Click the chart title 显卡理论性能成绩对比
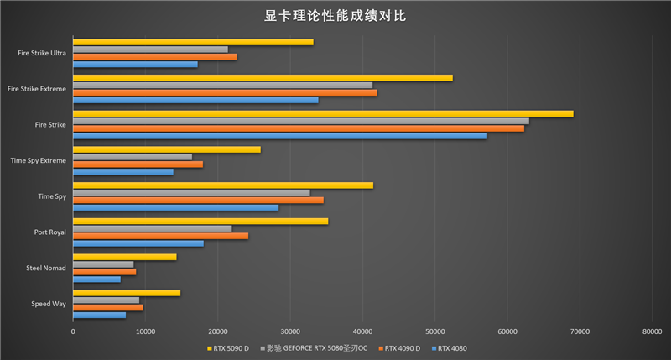(x=335, y=16)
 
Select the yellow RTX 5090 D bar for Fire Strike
(x=323, y=113)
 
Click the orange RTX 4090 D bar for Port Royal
(x=160, y=236)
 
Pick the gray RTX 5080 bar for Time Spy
(x=191, y=192)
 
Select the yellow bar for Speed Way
(x=127, y=293)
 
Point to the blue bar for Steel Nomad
(x=96, y=279)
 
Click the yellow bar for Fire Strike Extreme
(x=263, y=78)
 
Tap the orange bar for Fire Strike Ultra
(x=154, y=57)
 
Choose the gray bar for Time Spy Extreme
(x=133, y=157)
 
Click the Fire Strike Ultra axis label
(x=42, y=53)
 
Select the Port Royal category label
(x=49, y=232)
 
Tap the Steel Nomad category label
(x=46, y=269)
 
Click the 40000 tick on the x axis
(x=362, y=332)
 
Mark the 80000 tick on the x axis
(x=652, y=332)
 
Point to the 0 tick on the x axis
(x=73, y=332)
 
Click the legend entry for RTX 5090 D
(x=227, y=347)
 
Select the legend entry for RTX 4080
(x=450, y=347)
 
